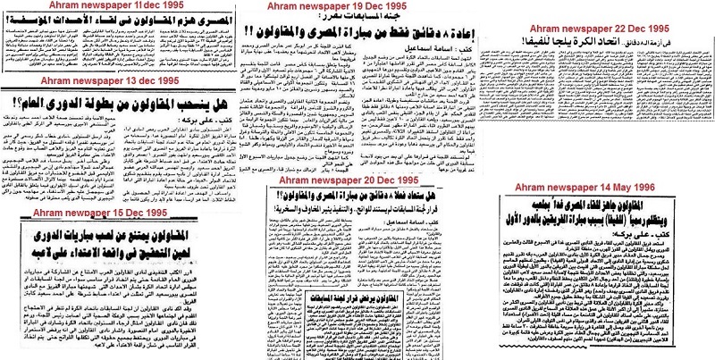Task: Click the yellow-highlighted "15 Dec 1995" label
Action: pos(121,215)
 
